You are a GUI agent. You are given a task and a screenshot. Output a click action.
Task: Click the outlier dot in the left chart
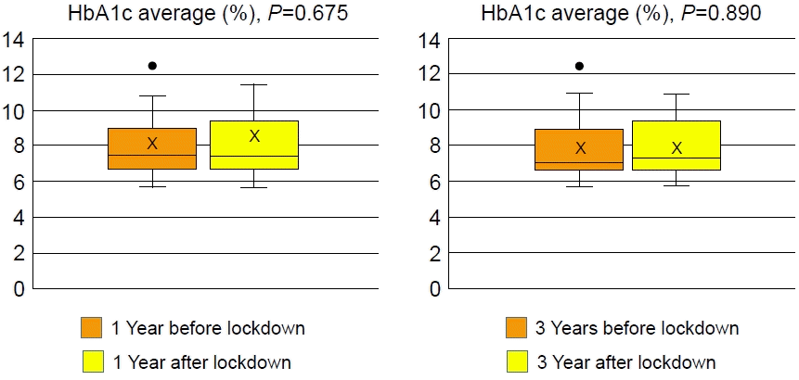pos(152,66)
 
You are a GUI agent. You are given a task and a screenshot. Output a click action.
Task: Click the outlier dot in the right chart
pos(580,66)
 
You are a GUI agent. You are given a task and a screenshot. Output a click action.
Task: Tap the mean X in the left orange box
pos(152,143)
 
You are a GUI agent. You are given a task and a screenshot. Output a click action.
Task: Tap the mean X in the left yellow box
pos(254,136)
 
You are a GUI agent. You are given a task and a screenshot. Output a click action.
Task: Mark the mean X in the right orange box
pos(580,147)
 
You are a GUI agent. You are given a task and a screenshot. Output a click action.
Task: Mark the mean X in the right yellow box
pos(677,147)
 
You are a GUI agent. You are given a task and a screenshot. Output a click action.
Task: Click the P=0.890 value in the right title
pos(729,16)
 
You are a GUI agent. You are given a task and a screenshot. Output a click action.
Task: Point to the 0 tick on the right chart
pos(434,290)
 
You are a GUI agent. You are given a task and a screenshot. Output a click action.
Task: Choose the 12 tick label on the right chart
pos(430,75)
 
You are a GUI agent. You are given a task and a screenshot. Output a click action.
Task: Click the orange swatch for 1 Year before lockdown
pos(92,328)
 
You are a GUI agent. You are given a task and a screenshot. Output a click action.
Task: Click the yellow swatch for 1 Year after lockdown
pos(92,361)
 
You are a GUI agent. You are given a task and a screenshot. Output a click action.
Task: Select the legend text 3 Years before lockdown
pos(638,328)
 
